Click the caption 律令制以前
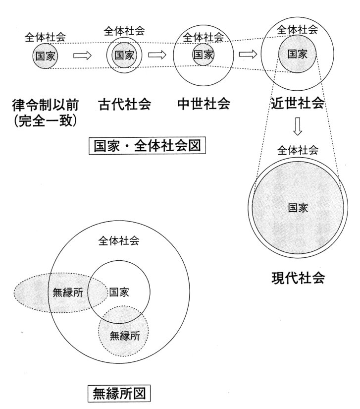(x=46, y=105)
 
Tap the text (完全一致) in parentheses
(x=46, y=121)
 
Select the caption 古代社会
(x=124, y=104)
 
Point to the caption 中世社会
(x=204, y=104)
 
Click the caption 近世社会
(x=298, y=103)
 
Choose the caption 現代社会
(x=298, y=278)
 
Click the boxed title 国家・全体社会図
(x=147, y=146)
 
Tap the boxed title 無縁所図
(x=119, y=393)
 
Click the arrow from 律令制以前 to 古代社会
(x=82, y=56)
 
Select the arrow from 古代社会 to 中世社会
(x=157, y=55)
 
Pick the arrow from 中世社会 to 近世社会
(x=248, y=54)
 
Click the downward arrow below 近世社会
(x=298, y=126)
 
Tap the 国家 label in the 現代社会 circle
(x=298, y=208)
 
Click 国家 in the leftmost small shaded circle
(x=46, y=56)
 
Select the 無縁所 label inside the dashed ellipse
(x=68, y=292)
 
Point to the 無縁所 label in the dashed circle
(x=125, y=336)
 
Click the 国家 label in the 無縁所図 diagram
(x=119, y=292)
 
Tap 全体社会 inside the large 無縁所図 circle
(x=119, y=241)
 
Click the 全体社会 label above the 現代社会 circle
(x=298, y=151)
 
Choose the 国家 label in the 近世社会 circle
(x=297, y=54)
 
